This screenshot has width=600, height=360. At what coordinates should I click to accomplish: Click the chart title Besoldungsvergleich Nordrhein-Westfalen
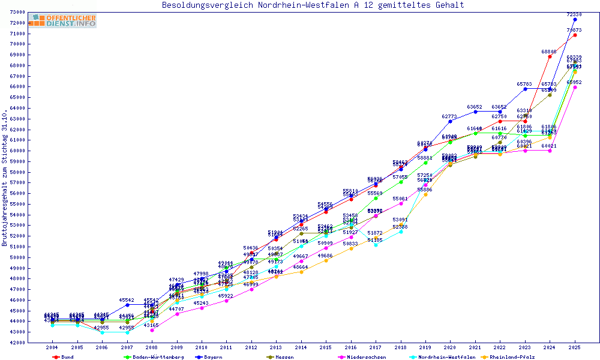point(313,5)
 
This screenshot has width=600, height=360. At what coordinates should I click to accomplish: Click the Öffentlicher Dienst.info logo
point(62,21)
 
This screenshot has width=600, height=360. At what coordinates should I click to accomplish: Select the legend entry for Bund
point(67,357)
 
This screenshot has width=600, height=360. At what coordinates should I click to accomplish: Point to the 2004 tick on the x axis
point(52,347)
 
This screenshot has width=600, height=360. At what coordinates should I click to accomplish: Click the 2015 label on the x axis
point(326,347)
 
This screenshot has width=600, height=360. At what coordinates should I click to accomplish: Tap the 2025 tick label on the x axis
point(575,347)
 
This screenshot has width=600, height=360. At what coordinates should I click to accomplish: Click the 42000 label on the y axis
point(17,343)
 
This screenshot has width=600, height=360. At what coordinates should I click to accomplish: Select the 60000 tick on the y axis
point(17,151)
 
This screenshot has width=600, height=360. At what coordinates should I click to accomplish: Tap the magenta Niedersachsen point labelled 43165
point(152,330)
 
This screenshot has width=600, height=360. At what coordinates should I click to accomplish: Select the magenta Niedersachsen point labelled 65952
point(575,88)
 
